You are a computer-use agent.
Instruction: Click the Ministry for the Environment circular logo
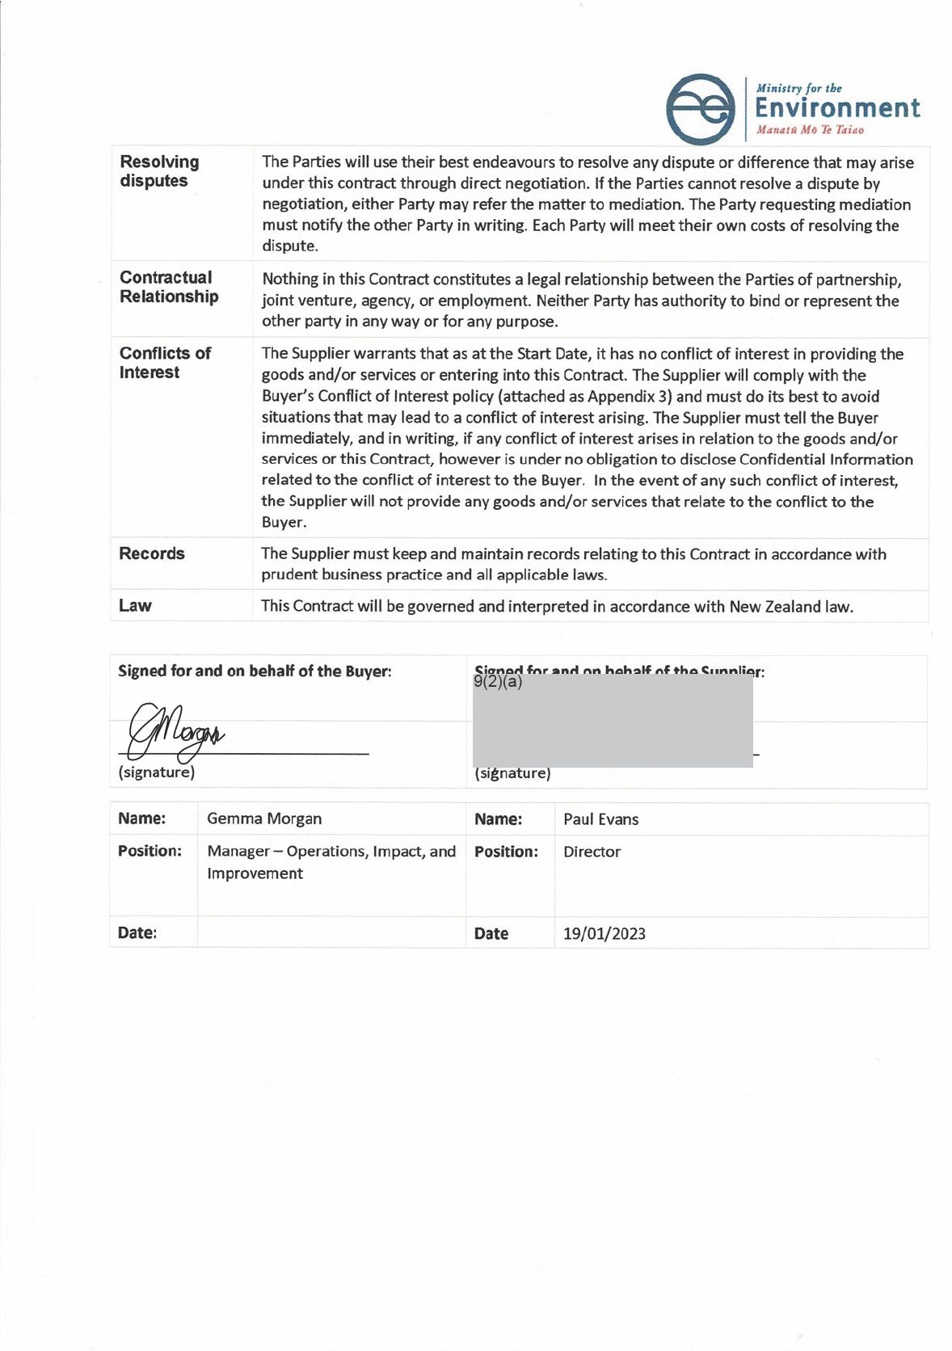click(700, 109)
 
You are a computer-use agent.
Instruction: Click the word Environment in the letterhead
click(837, 108)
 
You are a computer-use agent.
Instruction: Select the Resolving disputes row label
click(159, 171)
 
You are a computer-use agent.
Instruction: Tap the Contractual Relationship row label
click(169, 287)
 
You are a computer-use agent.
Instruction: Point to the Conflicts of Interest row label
click(165, 363)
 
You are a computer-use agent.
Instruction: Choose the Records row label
click(152, 553)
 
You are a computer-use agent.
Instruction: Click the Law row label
click(135, 606)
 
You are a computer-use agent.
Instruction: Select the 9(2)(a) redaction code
click(498, 682)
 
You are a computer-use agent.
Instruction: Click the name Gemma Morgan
click(264, 819)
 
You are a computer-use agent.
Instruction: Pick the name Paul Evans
click(600, 819)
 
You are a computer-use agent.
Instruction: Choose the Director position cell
click(592, 852)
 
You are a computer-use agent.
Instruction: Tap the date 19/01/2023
click(604, 934)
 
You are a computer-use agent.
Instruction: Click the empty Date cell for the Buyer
click(331, 932)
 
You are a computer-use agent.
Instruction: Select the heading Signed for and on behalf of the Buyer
click(255, 671)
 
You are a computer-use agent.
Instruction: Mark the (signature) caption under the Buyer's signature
click(156, 772)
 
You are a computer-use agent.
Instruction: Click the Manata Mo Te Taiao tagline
click(810, 130)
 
